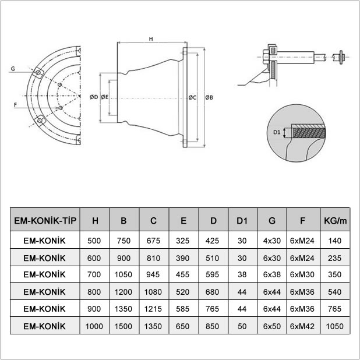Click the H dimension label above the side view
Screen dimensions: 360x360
point(151,39)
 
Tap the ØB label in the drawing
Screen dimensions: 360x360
point(209,98)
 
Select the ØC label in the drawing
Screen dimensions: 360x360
point(192,98)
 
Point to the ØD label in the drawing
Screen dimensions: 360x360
point(94,97)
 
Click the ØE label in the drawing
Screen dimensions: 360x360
point(105,97)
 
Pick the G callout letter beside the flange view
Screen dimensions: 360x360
point(13,68)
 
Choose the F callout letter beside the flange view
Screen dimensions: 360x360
point(15,105)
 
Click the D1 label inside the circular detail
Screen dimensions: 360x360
point(277,132)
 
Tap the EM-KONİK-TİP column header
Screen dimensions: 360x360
point(45,221)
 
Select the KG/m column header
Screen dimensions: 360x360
point(335,221)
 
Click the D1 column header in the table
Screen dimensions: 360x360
point(242,221)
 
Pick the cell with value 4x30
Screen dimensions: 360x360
point(272,241)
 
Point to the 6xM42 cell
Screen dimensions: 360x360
point(302,326)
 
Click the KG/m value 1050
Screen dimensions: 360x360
point(335,326)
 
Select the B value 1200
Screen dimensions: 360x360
point(123,292)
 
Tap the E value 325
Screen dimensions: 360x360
point(183,241)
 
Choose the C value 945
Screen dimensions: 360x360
point(153,274)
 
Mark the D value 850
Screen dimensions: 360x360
point(213,326)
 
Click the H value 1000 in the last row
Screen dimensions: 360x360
point(94,326)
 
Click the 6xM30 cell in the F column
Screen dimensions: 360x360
point(302,274)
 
